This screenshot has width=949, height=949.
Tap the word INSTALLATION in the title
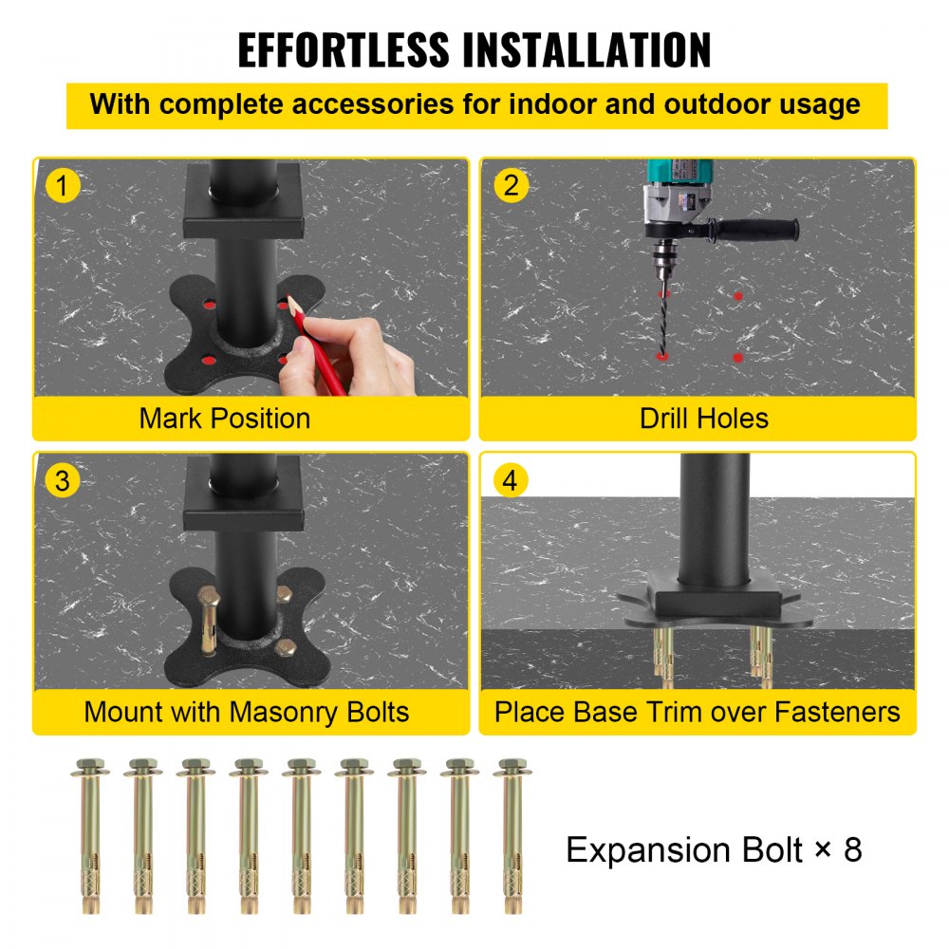coord(588,50)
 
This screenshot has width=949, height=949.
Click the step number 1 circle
coord(63,185)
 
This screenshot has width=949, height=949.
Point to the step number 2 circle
coord(511,185)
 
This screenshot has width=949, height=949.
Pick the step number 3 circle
coord(63,480)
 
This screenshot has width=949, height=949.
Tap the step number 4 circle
coord(511,480)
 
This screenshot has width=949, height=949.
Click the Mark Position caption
coord(225,419)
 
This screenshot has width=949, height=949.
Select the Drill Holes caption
coord(704,419)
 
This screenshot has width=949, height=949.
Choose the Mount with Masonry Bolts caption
coord(247,712)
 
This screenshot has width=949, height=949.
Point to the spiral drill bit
coord(662,304)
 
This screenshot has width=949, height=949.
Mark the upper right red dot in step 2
coord(737,296)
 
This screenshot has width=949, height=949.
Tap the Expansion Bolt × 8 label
coord(714,849)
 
